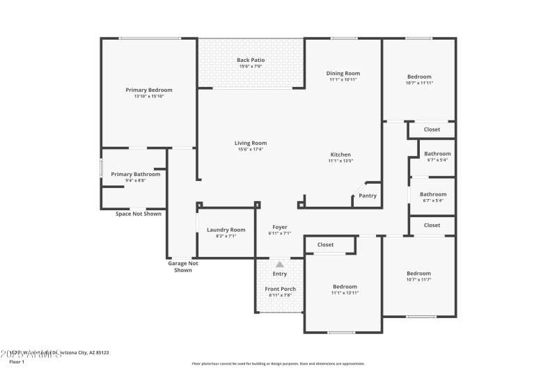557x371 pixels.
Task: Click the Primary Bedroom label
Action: tap(148, 90)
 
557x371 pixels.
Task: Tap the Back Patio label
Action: tap(250, 61)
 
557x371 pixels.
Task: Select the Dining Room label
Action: tap(343, 73)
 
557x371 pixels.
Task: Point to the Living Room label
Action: tap(250, 143)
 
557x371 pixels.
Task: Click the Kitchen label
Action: tap(340, 155)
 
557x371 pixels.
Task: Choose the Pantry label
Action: tap(368, 196)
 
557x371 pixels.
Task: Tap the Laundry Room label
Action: tap(226, 230)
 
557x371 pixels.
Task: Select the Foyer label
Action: tap(279, 227)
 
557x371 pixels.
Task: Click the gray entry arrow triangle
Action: tap(279, 265)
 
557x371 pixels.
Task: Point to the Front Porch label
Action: tap(279, 289)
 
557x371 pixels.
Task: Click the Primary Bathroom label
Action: tap(136, 174)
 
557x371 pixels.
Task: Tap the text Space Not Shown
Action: tap(139, 214)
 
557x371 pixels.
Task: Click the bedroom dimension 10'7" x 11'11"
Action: tap(419, 83)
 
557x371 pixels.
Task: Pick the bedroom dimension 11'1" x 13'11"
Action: tap(345, 293)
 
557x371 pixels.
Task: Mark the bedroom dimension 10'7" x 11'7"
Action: tap(418, 280)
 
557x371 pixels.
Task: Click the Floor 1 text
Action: tap(17, 362)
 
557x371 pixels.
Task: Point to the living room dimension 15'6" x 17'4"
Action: tap(250, 149)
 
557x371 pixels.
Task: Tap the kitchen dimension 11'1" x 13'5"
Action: tap(340, 161)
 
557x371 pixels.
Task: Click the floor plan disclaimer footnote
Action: tap(278, 363)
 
